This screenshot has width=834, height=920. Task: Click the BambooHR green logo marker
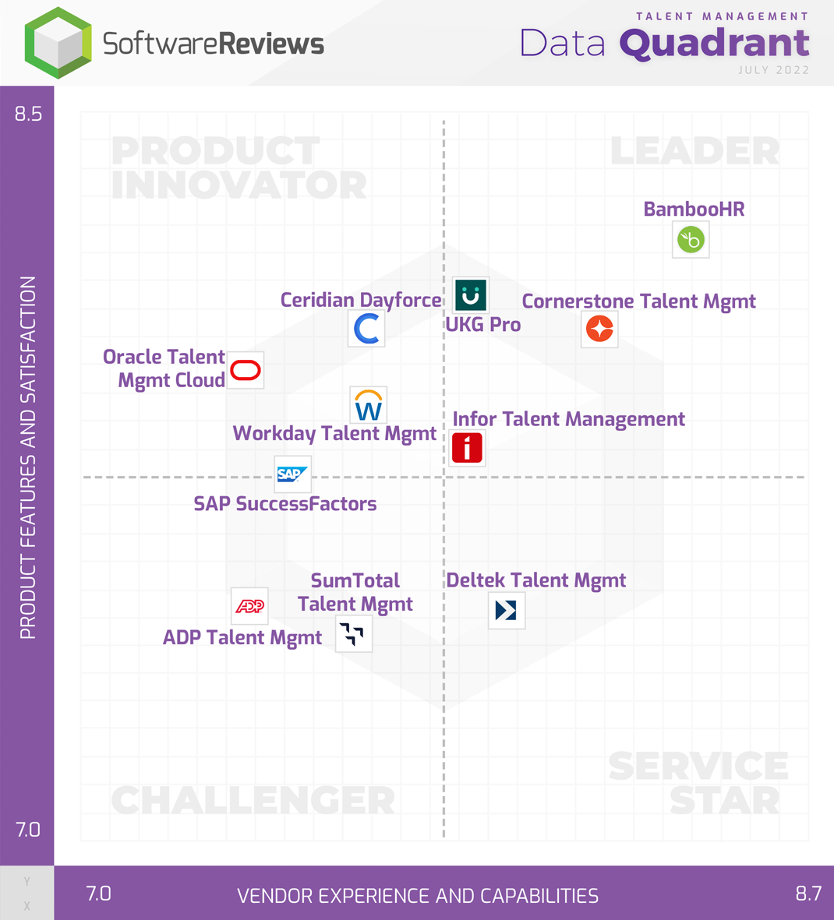coord(691,239)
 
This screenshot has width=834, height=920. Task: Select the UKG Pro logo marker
coord(470,295)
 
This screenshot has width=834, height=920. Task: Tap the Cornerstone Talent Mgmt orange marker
coord(599,329)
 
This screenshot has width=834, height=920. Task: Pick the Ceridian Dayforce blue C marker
coord(366,328)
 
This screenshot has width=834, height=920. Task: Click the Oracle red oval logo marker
coord(246,370)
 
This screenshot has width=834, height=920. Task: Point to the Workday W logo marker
coord(368,406)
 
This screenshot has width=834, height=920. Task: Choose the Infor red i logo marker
coord(467,448)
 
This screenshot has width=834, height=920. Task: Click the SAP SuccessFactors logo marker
coord(292,474)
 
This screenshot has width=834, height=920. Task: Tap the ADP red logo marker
coord(249,606)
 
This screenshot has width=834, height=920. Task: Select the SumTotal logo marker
coord(353,634)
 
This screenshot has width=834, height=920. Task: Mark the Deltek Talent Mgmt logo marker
coord(506,610)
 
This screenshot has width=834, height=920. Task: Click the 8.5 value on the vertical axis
coord(28,114)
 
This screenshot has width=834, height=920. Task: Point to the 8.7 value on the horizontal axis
coord(808,894)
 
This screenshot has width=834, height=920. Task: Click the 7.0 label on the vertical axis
coord(28,830)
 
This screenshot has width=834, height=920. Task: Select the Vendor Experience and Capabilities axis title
coord(418,896)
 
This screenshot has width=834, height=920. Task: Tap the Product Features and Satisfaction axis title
coord(28,458)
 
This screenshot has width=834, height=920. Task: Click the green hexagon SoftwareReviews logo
coord(58,43)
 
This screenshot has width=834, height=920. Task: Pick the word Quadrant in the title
coord(714,44)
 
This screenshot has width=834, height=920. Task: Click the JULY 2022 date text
coord(773,70)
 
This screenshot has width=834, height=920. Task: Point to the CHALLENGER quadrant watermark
coord(253,800)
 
